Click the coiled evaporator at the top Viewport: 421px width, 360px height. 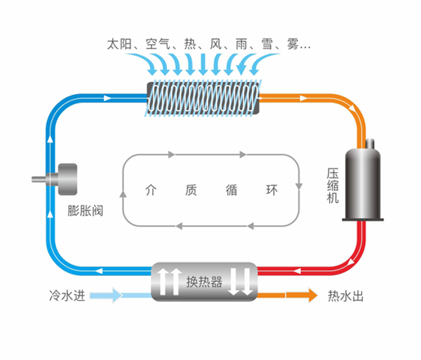[x=202, y=98]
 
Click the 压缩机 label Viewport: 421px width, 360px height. [x=333, y=185]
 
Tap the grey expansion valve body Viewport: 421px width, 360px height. [x=67, y=180]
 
